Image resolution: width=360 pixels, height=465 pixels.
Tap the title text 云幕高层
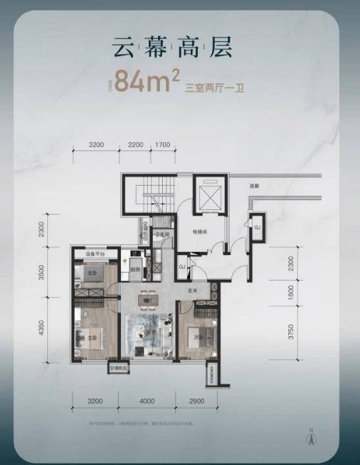(x=171, y=47)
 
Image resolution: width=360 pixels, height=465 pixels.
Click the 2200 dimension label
(x=136, y=145)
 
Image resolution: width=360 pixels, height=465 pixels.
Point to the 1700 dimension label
(x=163, y=145)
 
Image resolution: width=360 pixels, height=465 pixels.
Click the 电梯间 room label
(x=198, y=232)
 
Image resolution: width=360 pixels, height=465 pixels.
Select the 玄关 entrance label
(x=191, y=290)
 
